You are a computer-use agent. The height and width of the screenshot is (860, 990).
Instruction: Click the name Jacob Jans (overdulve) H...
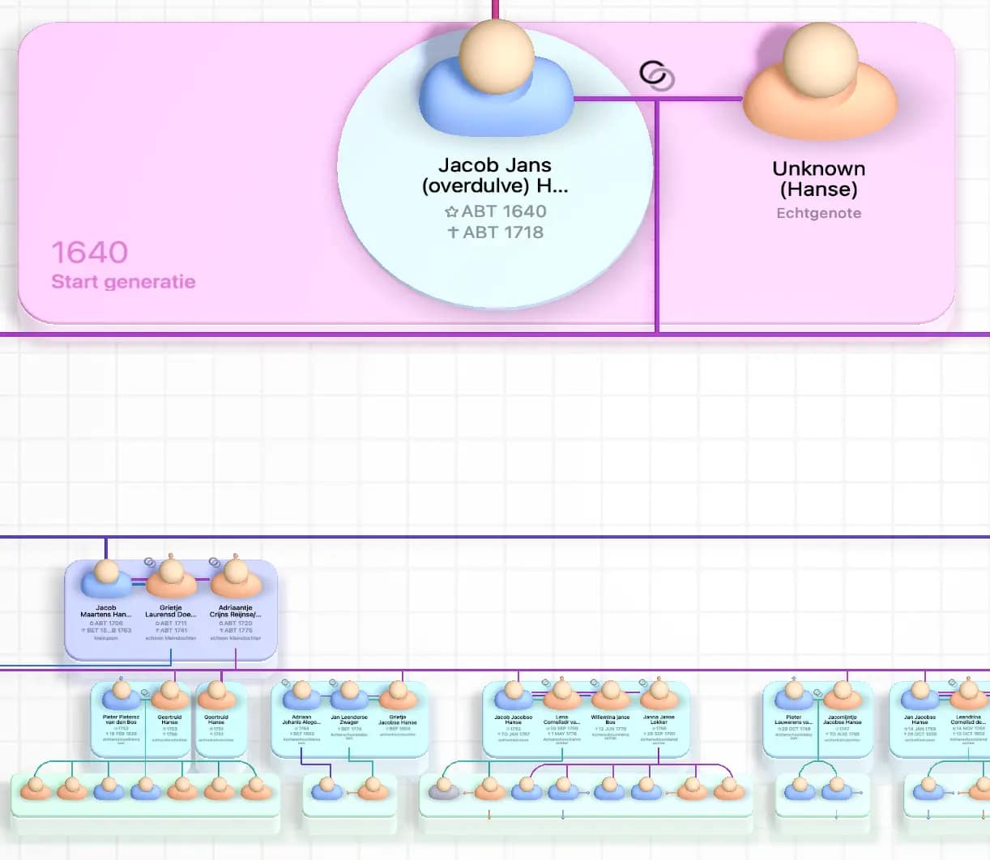[495, 176]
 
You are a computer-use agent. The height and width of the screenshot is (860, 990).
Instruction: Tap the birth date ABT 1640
[496, 211]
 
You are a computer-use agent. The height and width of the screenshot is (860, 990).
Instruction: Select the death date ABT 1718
[496, 232]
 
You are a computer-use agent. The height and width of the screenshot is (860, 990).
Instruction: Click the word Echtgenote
[818, 214]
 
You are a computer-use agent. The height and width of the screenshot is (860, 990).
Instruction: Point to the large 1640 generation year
[90, 253]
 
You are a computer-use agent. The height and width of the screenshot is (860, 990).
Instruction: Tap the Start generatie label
[123, 282]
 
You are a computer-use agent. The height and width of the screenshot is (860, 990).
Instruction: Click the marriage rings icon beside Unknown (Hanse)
[656, 75]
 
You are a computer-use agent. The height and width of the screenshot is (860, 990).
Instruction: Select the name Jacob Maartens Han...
[106, 611]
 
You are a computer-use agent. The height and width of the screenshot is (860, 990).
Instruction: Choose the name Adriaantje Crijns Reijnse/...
[235, 611]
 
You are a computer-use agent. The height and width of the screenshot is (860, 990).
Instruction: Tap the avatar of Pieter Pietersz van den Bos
[122, 695]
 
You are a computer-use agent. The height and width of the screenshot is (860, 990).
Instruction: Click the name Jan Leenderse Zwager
[349, 719]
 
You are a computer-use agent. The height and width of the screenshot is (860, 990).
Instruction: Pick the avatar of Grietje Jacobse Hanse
[398, 695]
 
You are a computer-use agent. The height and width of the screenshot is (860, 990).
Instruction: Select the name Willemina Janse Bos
[610, 719]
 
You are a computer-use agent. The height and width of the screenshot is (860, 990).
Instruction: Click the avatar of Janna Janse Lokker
[659, 695]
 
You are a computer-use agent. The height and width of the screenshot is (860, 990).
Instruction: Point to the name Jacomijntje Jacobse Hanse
[843, 719]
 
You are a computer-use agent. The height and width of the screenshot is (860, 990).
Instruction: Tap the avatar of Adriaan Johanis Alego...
[301, 695]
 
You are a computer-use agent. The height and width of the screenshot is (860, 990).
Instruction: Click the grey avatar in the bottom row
[443, 787]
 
